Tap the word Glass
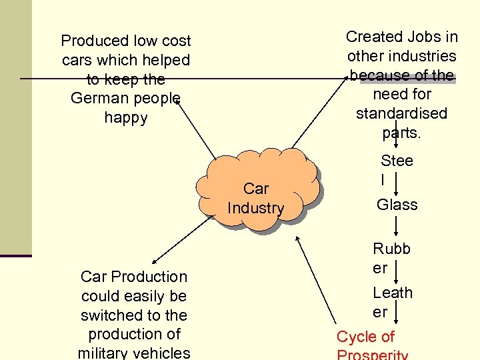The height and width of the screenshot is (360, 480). [397, 205]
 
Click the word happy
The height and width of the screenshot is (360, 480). [125, 118]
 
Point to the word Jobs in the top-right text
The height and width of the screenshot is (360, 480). [424, 37]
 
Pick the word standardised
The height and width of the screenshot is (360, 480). [401, 113]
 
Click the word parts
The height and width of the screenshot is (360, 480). [401, 132]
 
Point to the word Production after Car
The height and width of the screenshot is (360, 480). [150, 276]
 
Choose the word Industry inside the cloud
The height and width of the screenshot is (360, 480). [255, 208]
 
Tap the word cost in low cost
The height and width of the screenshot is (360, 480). [176, 41]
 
